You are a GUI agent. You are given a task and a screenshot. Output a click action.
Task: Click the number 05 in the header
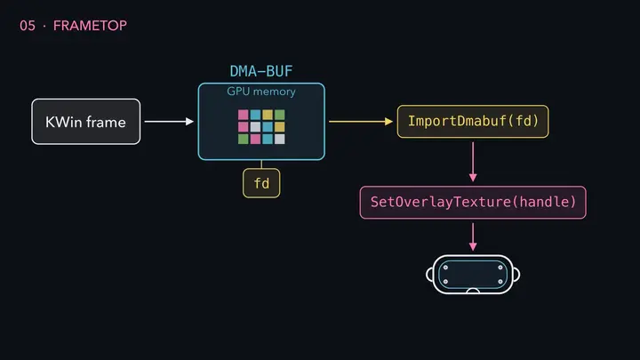tap(28, 26)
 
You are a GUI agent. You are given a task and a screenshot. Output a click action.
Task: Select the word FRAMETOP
tap(90, 26)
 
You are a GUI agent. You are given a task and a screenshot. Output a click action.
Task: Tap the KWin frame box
tap(85, 122)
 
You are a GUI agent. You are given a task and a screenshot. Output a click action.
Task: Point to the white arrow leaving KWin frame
tap(169, 121)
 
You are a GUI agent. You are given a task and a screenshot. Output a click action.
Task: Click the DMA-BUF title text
tap(261, 71)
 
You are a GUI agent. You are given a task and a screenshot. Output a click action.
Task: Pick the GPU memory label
tap(261, 92)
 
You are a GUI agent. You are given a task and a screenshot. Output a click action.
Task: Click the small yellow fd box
tap(261, 183)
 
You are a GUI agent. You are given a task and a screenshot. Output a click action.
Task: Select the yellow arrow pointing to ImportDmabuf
tap(361, 121)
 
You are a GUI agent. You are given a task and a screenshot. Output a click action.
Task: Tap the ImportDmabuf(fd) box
tap(473, 121)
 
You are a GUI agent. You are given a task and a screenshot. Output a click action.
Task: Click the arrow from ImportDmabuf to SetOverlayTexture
tap(473, 162)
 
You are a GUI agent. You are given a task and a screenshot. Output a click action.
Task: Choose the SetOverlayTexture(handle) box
tap(473, 203)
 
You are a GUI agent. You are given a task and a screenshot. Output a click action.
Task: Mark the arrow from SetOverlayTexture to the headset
tap(473, 236)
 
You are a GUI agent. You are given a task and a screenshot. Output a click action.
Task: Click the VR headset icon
tap(473, 275)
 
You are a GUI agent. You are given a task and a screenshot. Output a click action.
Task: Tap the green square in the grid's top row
tap(280, 115)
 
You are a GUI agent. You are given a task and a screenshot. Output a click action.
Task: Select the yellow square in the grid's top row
tap(268, 115)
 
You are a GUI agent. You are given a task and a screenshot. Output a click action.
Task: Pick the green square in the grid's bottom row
tap(244, 140)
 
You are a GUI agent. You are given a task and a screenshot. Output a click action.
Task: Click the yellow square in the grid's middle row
tap(280, 127)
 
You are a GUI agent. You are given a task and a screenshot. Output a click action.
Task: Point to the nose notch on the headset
tap(473, 290)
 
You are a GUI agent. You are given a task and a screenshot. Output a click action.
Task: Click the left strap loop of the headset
tap(429, 275)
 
